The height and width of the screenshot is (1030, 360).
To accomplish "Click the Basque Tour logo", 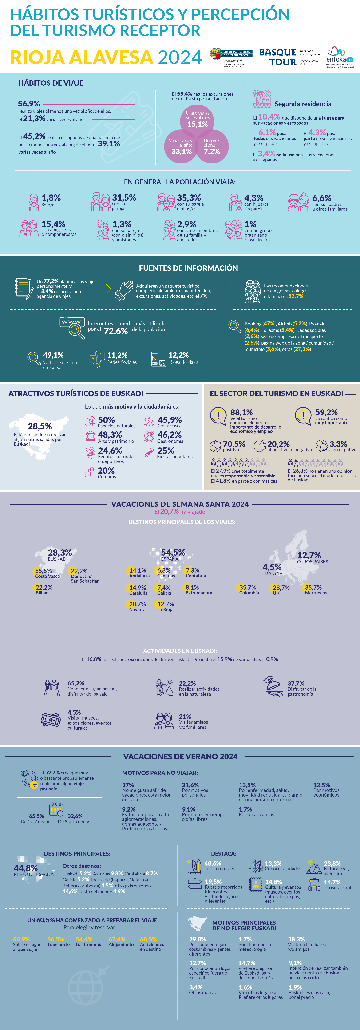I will (278, 57).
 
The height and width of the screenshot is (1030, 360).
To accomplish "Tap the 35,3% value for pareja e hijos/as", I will (189, 198).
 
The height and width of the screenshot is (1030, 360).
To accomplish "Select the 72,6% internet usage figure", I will (116, 331).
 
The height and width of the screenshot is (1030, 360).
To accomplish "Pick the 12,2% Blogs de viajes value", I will (178, 355).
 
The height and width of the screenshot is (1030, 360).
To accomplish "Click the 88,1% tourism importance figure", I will (241, 412).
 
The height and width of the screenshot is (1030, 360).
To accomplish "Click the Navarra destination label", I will (137, 609).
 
